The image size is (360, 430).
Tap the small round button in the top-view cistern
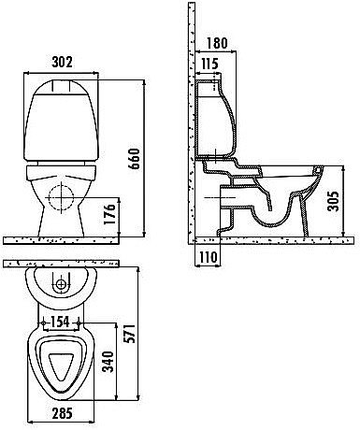62,281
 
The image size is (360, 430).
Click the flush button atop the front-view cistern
63,83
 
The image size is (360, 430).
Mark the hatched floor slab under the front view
75,241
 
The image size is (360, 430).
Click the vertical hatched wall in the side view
190,122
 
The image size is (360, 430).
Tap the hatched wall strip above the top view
62,265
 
